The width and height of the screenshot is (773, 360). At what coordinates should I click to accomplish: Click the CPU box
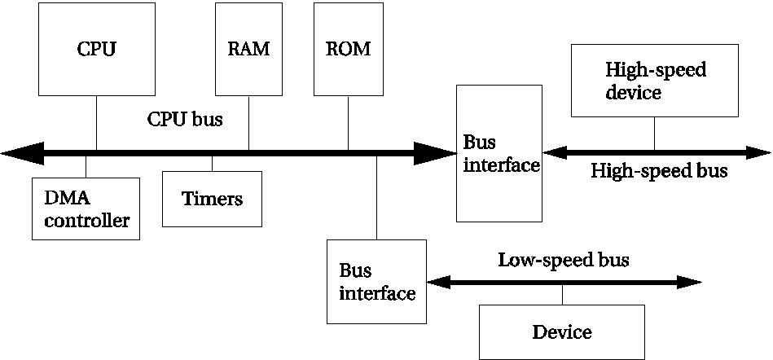(x=96, y=49)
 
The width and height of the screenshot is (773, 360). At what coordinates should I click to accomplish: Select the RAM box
(x=248, y=49)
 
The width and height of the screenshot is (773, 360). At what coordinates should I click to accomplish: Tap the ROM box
(x=348, y=49)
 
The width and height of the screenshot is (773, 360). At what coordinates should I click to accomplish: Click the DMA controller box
(x=86, y=209)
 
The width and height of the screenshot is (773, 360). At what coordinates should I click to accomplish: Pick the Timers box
(x=212, y=199)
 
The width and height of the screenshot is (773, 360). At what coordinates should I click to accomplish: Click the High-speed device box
(x=655, y=81)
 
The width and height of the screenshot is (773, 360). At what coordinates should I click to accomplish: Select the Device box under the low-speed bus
(x=561, y=331)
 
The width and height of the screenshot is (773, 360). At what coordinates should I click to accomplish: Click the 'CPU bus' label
(x=185, y=119)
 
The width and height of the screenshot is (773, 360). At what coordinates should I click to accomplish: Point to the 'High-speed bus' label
(x=659, y=171)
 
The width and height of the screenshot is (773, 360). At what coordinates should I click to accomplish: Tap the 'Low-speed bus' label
(x=564, y=261)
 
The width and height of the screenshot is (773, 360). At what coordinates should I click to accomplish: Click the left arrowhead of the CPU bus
(x=20, y=152)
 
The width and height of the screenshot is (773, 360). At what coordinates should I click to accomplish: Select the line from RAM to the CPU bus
(x=248, y=122)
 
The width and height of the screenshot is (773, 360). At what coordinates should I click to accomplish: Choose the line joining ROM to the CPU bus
(x=348, y=122)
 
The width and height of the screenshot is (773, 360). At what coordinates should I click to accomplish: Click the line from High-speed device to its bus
(x=655, y=134)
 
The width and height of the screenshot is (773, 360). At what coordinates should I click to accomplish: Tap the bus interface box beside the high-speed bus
(x=499, y=153)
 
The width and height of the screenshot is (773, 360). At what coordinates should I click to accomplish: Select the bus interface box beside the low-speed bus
(x=376, y=281)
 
